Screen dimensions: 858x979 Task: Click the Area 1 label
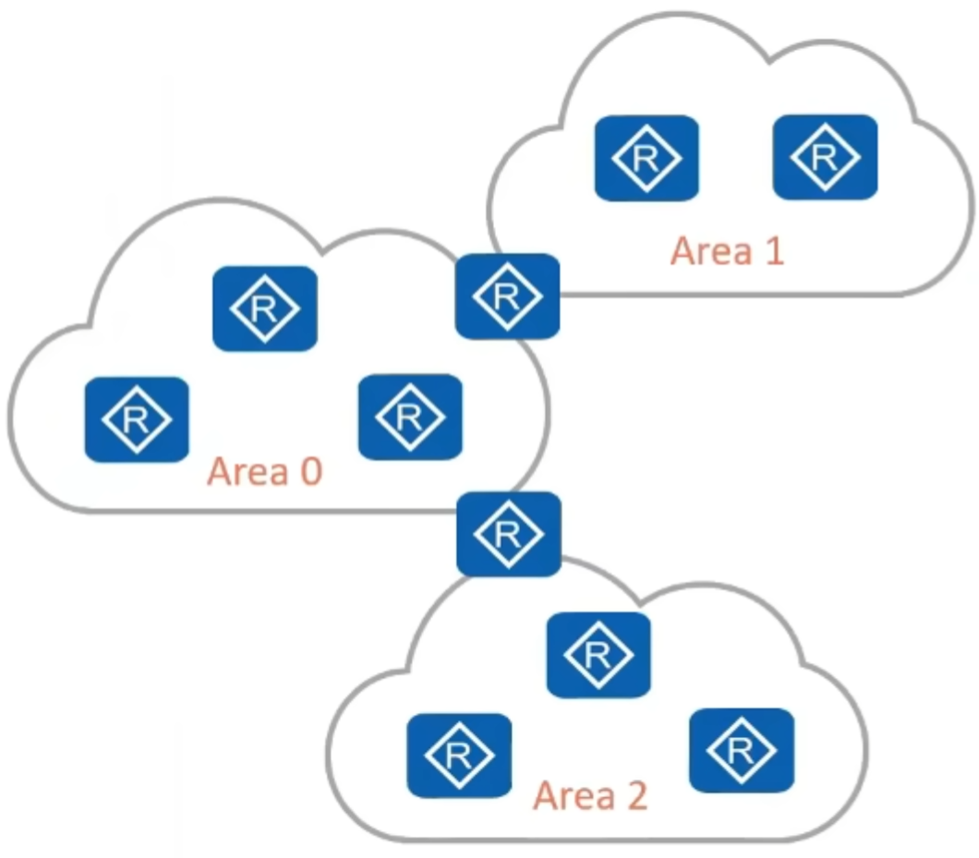(x=727, y=250)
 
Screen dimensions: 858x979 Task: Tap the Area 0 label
(x=264, y=471)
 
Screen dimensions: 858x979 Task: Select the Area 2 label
(x=590, y=794)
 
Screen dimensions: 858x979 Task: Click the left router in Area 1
(x=646, y=158)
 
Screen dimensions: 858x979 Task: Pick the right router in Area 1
(x=824, y=157)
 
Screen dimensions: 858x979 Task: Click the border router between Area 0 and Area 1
(x=507, y=296)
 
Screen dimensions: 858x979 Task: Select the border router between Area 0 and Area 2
(x=508, y=533)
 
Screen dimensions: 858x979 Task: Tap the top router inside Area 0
(x=264, y=308)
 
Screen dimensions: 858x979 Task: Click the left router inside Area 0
(x=137, y=419)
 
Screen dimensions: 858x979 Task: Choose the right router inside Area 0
(x=409, y=417)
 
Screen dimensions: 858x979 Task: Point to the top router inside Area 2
(x=598, y=655)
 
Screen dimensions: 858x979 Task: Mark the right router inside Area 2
(x=741, y=750)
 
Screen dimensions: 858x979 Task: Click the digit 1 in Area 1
(x=772, y=250)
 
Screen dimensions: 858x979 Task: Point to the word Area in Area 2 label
(x=570, y=794)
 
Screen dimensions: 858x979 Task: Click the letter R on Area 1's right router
(x=824, y=157)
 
